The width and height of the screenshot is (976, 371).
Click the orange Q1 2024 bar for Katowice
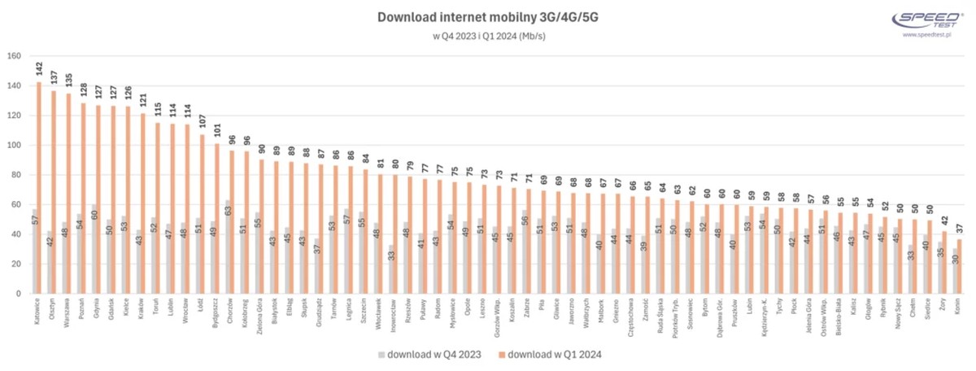38,188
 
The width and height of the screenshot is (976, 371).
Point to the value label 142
38,70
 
